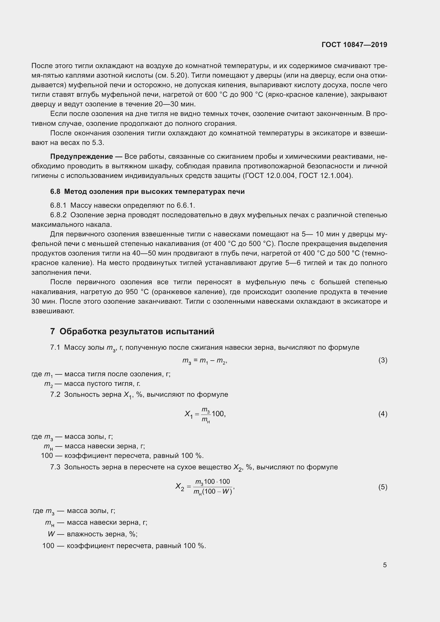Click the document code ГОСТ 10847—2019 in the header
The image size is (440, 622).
pyautogui.click(x=354, y=45)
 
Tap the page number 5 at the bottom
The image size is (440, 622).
pyautogui.click(x=385, y=565)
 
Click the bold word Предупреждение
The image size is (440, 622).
pyautogui.click(x=82, y=156)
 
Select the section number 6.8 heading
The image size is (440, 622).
pyautogui.click(x=55, y=191)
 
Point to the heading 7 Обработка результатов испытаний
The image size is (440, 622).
pyautogui.click(x=132, y=331)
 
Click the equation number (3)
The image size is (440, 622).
pyautogui.click(x=383, y=360)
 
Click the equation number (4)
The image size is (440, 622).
pyautogui.click(x=383, y=414)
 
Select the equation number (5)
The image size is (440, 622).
pyautogui.click(x=383, y=487)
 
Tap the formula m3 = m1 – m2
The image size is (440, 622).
pyautogui.click(x=205, y=361)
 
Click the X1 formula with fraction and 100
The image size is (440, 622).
pyautogui.click(x=205, y=414)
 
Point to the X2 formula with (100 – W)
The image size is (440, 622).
pyautogui.click(x=205, y=487)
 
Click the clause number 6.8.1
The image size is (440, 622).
pyautogui.click(x=58, y=205)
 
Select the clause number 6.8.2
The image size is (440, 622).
pyautogui.click(x=58, y=215)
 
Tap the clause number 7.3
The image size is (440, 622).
pyautogui.click(x=55, y=467)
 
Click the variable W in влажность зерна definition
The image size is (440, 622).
pyautogui.click(x=51, y=534)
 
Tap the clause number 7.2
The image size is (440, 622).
pyautogui.click(x=55, y=394)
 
